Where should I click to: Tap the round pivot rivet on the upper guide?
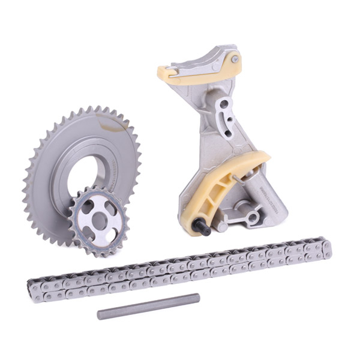235,59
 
